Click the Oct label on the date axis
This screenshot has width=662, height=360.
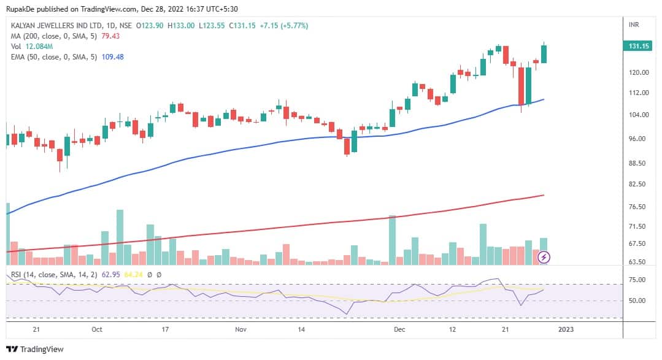coord(96,329)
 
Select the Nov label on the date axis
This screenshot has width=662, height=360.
coord(241,329)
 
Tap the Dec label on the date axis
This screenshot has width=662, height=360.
coord(399,329)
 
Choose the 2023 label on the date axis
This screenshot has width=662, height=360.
coord(565,329)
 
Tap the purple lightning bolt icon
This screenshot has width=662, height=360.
coord(544,257)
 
